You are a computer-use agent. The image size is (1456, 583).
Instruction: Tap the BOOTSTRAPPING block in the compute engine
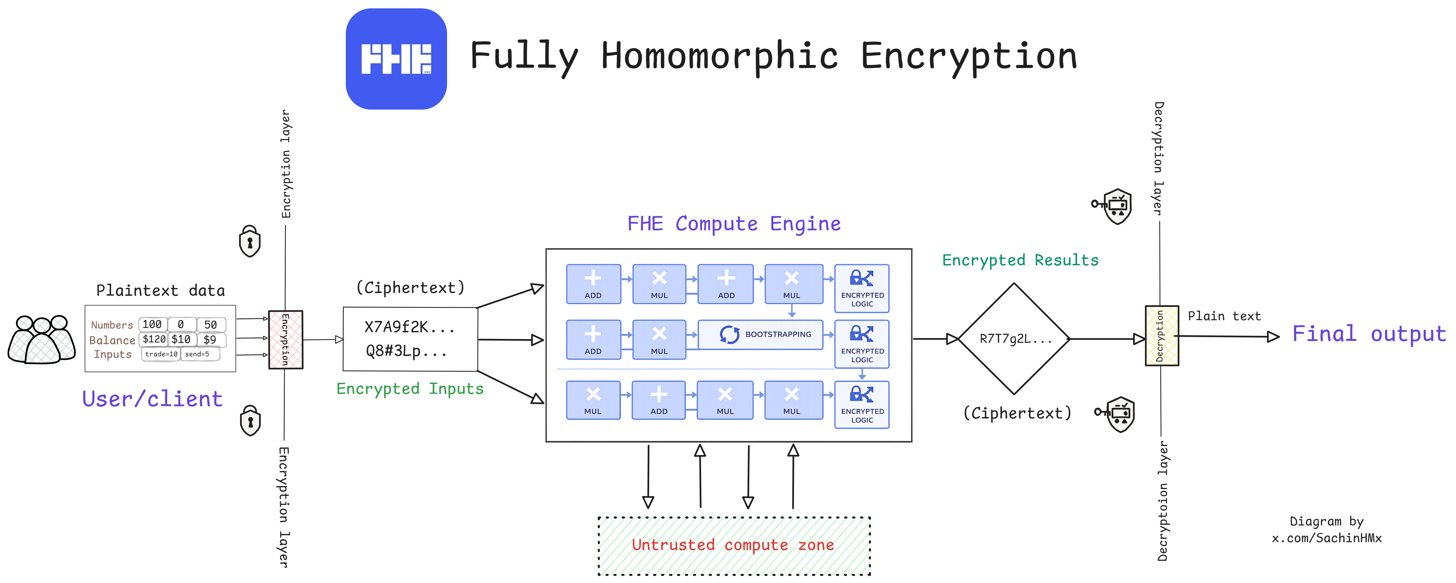[760, 334]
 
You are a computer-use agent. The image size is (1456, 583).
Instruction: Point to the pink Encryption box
[286, 340]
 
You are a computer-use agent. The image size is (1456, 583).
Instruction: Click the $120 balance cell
[154, 339]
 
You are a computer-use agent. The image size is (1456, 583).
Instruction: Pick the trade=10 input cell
[161, 354]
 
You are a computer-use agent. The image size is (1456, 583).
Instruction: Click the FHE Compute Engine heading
[734, 224]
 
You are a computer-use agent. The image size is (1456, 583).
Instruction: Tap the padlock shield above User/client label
[250, 242]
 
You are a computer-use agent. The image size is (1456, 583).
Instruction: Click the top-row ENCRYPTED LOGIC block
[861, 288]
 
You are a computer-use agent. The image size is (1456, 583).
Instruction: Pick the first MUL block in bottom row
[593, 400]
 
